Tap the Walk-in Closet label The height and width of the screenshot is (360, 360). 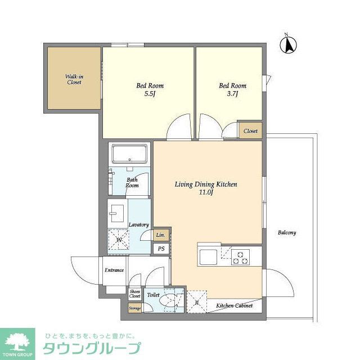pyautogui.click(x=74, y=79)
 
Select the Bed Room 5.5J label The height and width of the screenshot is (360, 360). pyautogui.click(x=150, y=90)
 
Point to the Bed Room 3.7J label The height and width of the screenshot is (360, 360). pyautogui.click(x=232, y=90)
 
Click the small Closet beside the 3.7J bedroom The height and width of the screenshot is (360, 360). pyautogui.click(x=250, y=131)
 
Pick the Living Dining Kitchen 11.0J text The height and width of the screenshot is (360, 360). pyautogui.click(x=205, y=188)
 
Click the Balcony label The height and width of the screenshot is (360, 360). pyautogui.click(x=286, y=232)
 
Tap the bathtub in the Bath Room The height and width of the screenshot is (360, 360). pyautogui.click(x=129, y=154)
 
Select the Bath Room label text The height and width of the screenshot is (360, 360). pyautogui.click(x=132, y=182)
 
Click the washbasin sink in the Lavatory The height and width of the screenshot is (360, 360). pyautogui.click(x=118, y=213)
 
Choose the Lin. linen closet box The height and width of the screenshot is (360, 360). pyautogui.click(x=160, y=235)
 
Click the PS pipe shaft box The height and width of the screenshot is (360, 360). pyautogui.click(x=161, y=249)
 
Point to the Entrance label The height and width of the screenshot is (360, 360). pyautogui.click(x=114, y=271)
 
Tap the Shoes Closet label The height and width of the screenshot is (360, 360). pyautogui.click(x=135, y=294)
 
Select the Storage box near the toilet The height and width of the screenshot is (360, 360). pyautogui.click(x=134, y=308)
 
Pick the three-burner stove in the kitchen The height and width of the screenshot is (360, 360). pyautogui.click(x=242, y=257)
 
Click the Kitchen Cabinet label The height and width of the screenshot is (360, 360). pyautogui.click(x=235, y=306)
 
